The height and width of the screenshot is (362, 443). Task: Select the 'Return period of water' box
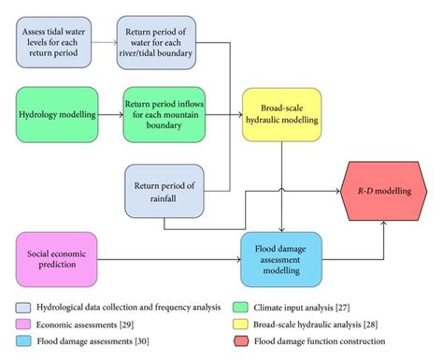pos(160,44)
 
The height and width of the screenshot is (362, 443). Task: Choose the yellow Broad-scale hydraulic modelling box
pos(282,114)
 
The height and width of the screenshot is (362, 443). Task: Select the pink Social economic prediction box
pos(60,259)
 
